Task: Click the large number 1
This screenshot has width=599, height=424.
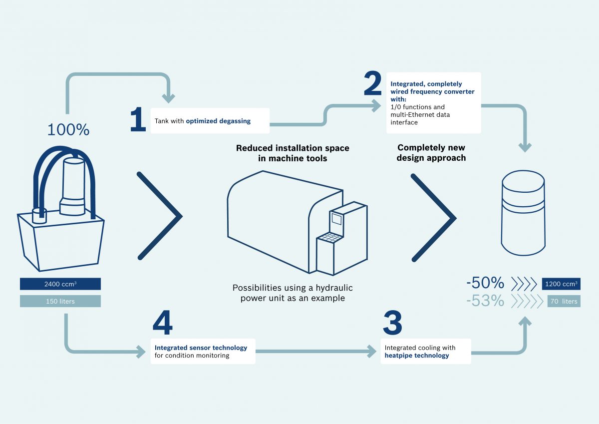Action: [x=138, y=120]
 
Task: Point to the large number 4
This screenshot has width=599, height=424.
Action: [x=162, y=324]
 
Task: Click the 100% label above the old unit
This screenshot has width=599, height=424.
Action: [x=68, y=130]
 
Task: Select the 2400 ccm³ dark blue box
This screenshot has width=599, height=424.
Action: [x=60, y=284]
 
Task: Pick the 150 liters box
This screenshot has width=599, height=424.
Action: [x=60, y=301]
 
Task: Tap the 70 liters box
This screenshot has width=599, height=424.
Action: [x=564, y=301]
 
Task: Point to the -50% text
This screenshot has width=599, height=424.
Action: [x=485, y=284]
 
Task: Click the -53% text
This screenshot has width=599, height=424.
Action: [x=485, y=301]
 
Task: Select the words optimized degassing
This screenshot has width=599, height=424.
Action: [x=218, y=121]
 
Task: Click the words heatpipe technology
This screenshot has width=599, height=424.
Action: [x=417, y=356]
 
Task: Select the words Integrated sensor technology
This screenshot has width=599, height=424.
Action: [x=201, y=348]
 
